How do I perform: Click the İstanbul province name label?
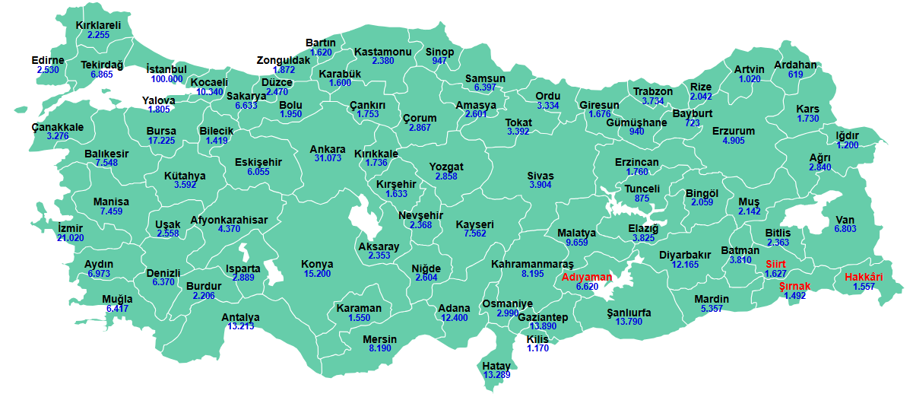click(166, 69)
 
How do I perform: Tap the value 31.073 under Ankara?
click(328, 158)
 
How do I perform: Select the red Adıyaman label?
click(588, 277)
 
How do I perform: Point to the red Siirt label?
click(776, 264)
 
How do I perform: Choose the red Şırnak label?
click(795, 286)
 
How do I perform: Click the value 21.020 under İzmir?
click(71, 238)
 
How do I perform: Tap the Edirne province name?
click(48, 60)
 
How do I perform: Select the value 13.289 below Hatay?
click(496, 375)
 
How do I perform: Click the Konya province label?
click(317, 264)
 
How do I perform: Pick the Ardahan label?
click(795, 65)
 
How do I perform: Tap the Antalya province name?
click(240, 317)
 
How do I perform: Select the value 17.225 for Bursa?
click(161, 141)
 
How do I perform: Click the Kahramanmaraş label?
click(532, 264)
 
